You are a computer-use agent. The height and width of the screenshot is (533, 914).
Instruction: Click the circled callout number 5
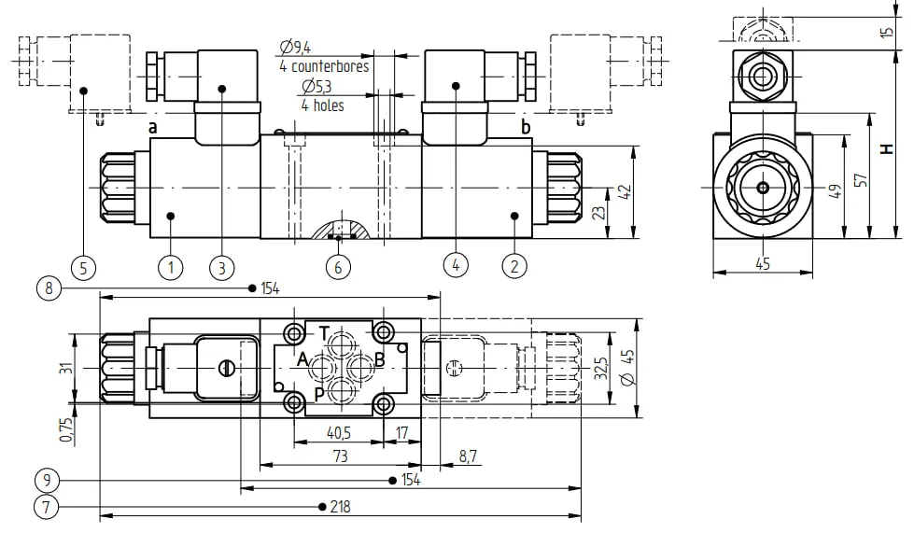point(83,268)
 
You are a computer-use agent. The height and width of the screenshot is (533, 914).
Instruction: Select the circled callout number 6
point(338,267)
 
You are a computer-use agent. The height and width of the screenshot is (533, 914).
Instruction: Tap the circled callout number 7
point(47,507)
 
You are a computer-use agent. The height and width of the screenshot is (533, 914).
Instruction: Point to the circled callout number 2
point(514,266)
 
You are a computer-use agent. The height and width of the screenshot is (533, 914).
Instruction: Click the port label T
point(325,334)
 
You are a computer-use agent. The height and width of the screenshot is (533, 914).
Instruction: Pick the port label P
point(319,394)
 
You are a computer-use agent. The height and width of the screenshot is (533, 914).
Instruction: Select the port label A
point(302,359)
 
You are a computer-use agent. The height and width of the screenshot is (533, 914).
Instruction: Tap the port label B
point(379,359)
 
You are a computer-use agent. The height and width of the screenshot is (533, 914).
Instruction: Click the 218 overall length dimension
point(341,507)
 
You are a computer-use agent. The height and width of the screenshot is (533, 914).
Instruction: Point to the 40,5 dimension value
point(339,433)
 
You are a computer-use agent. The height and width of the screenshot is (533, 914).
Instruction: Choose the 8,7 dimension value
point(468,456)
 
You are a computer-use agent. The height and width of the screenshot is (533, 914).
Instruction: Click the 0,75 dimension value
point(67,430)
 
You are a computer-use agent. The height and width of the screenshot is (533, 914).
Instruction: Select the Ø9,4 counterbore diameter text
point(295,47)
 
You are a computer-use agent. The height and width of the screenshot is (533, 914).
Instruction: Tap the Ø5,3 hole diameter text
point(316,87)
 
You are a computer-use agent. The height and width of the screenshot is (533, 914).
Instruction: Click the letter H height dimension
point(887,149)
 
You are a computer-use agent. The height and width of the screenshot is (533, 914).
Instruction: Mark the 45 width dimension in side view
point(763,264)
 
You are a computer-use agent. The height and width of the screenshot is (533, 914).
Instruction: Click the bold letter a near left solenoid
point(153,127)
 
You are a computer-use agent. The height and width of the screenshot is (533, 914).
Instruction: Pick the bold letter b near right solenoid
point(526,127)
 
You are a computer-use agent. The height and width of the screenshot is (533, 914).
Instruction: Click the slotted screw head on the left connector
point(226,368)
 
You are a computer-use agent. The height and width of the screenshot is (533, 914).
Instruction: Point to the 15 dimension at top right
point(887,32)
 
